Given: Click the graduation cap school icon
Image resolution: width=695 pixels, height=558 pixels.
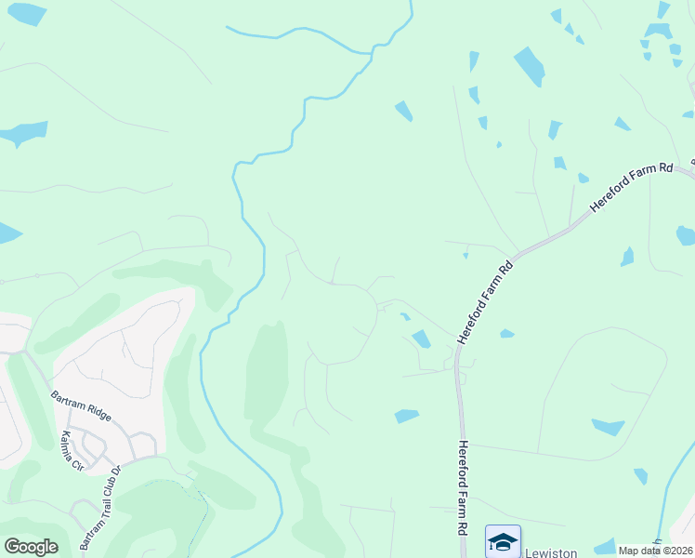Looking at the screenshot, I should coord(503,540).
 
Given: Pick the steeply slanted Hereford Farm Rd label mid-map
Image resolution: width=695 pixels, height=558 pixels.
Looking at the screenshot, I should coord(484,300).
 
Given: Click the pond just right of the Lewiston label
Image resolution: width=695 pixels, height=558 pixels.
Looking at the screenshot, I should coord(604,547).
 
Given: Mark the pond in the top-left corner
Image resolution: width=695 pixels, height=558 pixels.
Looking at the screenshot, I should coord(25,13).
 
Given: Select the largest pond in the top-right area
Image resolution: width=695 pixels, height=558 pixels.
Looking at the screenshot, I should coord(530,65).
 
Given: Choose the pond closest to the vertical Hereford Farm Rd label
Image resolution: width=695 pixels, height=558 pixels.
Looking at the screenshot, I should coord(407,416).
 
